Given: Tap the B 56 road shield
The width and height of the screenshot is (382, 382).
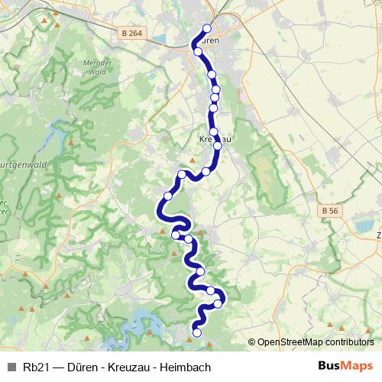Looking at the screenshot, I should (x=330, y=209).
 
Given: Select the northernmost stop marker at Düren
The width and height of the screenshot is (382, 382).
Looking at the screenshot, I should (x=206, y=29).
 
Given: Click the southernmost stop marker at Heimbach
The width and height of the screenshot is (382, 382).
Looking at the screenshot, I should (x=196, y=332).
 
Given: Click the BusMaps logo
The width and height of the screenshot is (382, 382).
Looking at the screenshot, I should (x=345, y=366).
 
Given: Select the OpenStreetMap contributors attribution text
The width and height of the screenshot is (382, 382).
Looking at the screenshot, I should (x=316, y=342).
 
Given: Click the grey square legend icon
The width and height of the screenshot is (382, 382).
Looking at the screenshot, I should (x=11, y=367).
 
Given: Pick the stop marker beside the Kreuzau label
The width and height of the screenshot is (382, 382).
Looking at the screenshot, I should (x=217, y=144).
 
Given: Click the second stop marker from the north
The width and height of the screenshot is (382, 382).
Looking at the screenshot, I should (x=199, y=52).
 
